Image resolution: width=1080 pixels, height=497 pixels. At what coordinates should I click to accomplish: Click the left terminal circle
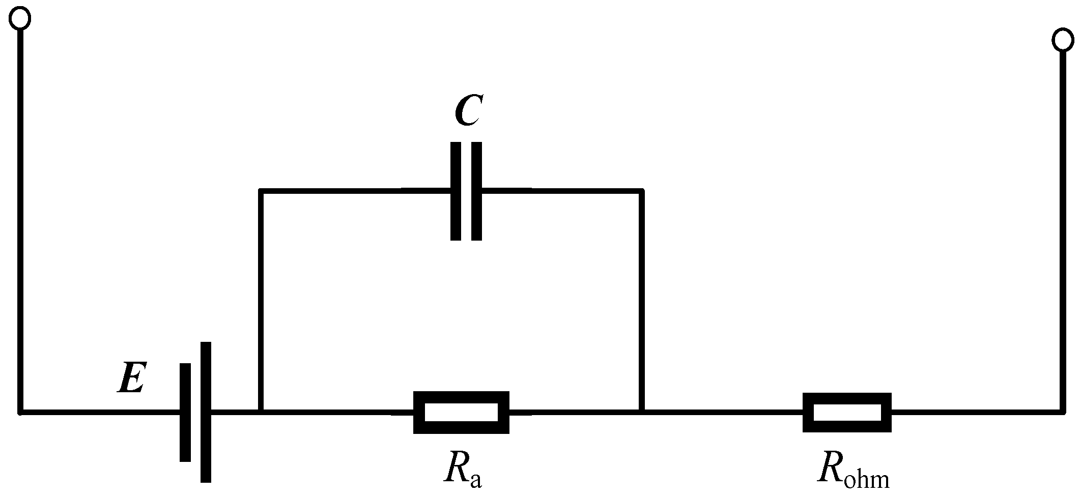(20, 19)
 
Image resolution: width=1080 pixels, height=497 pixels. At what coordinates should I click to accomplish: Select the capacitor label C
(467, 110)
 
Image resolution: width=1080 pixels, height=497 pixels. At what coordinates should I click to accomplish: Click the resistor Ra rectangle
(461, 412)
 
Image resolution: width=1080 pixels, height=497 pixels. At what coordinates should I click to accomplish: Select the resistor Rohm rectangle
(847, 412)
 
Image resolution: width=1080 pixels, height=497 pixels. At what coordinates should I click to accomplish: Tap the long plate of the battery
(206, 412)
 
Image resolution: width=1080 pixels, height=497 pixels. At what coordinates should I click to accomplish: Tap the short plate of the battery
(185, 412)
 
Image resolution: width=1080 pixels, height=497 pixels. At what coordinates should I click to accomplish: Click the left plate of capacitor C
(456, 191)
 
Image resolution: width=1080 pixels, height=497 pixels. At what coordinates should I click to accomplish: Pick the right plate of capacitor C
(476, 191)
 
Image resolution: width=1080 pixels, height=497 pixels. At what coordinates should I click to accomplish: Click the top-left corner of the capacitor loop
(261, 191)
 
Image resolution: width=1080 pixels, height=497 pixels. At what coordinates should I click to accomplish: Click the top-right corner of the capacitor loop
(642, 191)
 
